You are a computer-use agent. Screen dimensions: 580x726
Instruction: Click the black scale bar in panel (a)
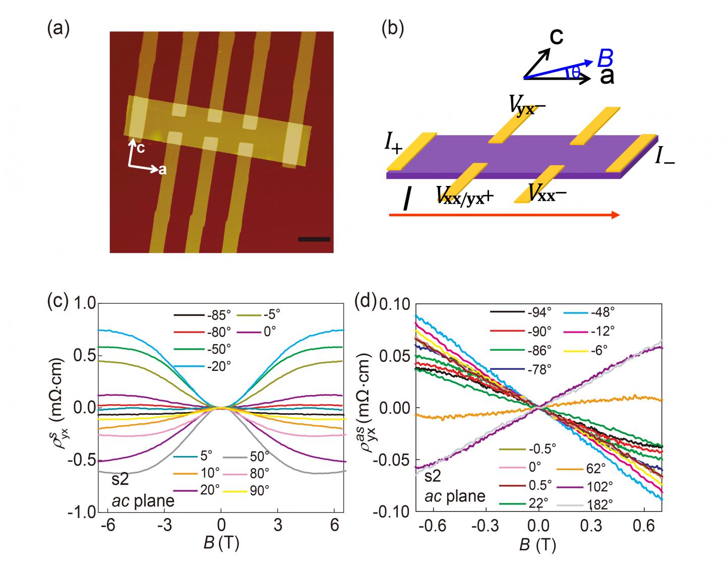(314, 239)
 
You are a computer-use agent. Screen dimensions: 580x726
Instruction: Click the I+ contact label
(393, 147)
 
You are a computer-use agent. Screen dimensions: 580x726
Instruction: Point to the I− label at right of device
(665, 157)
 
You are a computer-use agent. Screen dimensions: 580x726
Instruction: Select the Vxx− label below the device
(547, 192)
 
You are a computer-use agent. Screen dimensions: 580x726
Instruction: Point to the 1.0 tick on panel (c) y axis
(85, 303)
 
